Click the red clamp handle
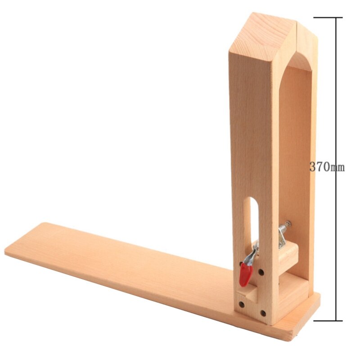(245, 274)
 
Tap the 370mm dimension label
(327, 167)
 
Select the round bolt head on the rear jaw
(287, 224)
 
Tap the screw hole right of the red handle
(261, 272)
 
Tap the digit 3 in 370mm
(313, 167)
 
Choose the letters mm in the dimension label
(337, 168)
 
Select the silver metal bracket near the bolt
(283, 236)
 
